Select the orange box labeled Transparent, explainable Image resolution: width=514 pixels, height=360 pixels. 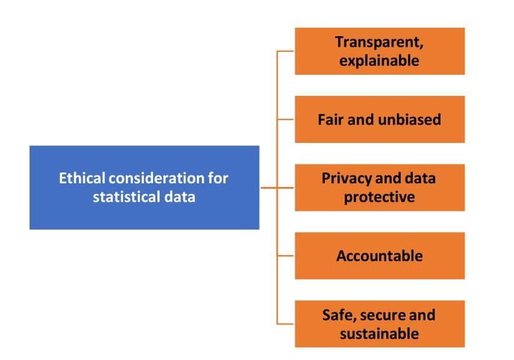tap(380, 51)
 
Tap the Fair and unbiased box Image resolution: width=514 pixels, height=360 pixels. tap(380, 119)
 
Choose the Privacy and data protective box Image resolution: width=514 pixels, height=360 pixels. tap(380, 188)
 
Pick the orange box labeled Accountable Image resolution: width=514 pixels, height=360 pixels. tap(380, 256)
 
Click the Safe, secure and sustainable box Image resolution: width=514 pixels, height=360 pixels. tap(380, 324)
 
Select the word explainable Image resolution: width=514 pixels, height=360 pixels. tap(380, 60)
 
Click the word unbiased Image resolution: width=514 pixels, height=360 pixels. tap(410, 119)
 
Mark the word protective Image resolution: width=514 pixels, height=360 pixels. tap(380, 197)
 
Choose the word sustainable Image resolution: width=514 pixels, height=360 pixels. tap(380, 333)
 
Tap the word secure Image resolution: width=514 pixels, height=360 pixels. tap(383, 315)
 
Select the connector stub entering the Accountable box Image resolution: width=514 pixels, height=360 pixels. tap(286, 256)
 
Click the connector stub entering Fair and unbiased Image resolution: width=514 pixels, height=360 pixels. tap(286, 119)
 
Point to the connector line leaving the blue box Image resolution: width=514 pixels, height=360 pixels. tap(268, 188)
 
